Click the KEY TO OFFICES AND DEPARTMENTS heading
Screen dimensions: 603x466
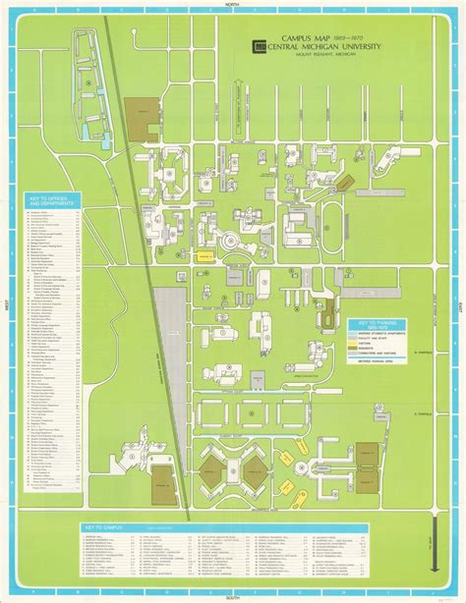point(49,201)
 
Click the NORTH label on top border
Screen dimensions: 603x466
point(232,5)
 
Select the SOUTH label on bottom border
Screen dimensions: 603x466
point(232,598)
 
